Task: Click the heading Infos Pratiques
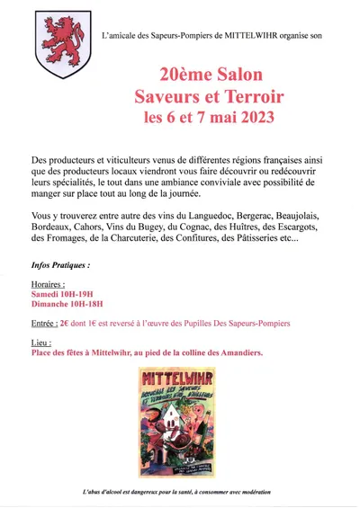coord(60,267)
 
